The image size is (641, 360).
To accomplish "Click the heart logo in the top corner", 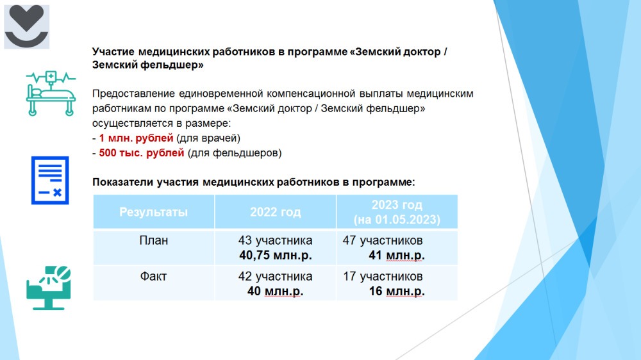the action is click(x=26, y=26).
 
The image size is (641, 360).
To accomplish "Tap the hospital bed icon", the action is click(x=51, y=93).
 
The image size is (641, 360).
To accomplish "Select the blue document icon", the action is click(x=50, y=180).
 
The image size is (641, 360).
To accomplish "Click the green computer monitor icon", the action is click(x=49, y=288).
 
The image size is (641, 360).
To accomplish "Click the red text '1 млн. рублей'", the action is click(x=136, y=138).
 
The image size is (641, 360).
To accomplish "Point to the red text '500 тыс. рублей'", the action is click(x=142, y=153).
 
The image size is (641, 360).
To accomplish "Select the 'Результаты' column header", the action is click(x=153, y=212).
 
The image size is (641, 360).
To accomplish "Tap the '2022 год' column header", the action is click(x=275, y=212).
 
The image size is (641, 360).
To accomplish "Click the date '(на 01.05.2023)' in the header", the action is click(x=397, y=220).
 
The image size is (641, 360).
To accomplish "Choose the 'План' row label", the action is click(x=153, y=240).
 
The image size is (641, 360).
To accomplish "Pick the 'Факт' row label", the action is click(x=153, y=276).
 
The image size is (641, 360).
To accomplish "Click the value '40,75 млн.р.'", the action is click(x=276, y=256).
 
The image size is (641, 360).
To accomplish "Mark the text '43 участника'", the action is click(x=275, y=240).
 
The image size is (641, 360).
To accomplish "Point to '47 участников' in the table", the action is click(x=383, y=240).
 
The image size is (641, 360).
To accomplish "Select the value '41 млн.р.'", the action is click(x=397, y=256).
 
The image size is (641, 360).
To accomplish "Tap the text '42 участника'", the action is click(x=275, y=276).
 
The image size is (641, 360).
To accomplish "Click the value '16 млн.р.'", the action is click(x=397, y=291).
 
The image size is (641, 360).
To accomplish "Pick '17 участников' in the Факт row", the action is click(x=383, y=276).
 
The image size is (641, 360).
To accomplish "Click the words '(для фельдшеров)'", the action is click(x=235, y=153).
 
